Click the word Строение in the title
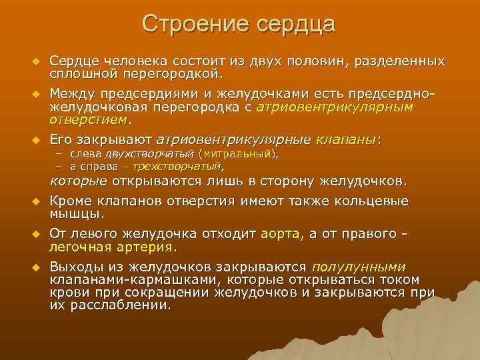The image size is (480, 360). tap(193, 25)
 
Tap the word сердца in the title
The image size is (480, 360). tap(295, 25)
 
